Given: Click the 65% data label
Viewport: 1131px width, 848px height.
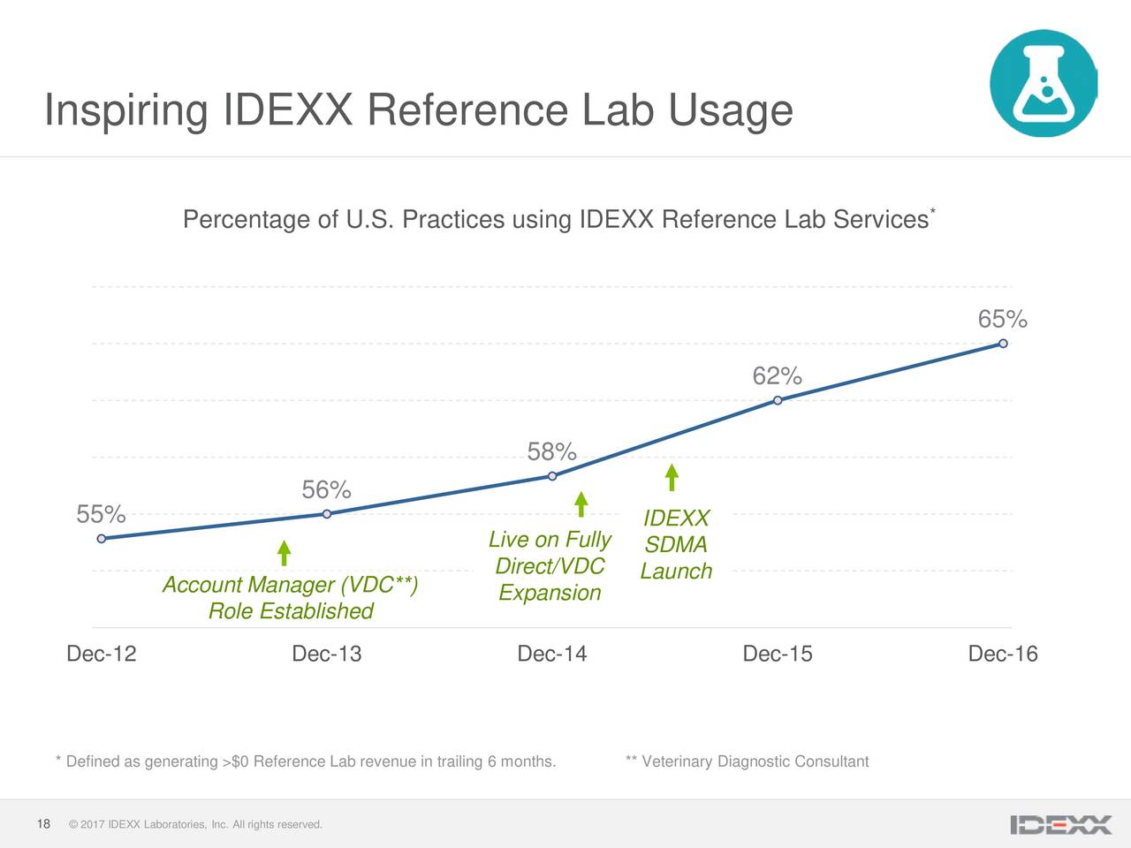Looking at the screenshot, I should pos(1002,319).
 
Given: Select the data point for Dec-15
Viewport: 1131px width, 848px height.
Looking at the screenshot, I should pos(778,400).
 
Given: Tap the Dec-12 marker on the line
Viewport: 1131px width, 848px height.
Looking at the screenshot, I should pos(102,538).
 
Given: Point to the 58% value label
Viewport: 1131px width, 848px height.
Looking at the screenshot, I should pos(551,452).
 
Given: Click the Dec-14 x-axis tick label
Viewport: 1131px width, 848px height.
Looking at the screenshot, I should pos(551,654).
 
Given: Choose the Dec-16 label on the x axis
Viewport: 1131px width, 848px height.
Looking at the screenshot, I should pos(1002,654).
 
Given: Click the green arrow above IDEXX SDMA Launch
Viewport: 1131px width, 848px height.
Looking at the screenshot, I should pos(672,477).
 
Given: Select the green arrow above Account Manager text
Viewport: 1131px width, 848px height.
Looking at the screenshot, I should pos(284,553).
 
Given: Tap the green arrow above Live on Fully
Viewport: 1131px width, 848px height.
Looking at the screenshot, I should pos(581,503).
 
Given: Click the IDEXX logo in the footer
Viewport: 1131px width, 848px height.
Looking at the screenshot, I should pos(1060,825).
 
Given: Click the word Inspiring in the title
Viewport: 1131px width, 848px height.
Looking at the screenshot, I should pos(125,110).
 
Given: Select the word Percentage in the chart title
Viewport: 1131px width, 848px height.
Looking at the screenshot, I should pos(247,219).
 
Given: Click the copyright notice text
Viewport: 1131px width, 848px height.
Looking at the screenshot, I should pos(195,825).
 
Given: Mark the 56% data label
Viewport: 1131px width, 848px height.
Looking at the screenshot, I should pos(326,490).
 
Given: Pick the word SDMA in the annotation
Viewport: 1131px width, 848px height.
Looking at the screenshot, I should pos(676,545).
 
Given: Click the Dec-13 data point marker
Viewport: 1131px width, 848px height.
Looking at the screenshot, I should pos(327,513).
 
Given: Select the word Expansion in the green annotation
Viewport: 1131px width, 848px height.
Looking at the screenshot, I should pos(550,593).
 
